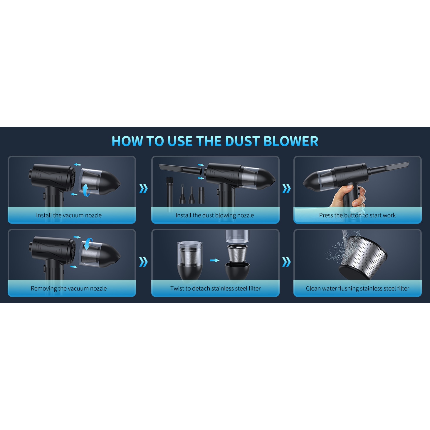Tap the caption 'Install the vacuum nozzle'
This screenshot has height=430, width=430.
(69, 215)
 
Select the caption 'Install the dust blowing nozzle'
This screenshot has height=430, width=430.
(215, 215)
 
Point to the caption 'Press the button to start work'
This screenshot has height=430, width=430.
(357, 215)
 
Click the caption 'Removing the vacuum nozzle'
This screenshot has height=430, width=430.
(69, 288)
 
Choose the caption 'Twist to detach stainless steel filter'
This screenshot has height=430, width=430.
(215, 288)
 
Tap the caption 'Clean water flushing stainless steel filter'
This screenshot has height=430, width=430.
(357, 288)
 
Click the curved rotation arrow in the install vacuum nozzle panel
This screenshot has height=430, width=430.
(86, 190)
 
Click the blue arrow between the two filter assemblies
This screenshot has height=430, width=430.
(215, 260)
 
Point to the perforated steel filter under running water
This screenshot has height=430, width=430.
(363, 258)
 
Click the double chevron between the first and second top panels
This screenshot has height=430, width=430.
(144, 189)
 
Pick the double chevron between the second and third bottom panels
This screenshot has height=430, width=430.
(286, 262)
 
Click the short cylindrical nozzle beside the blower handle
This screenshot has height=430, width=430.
(201, 196)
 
